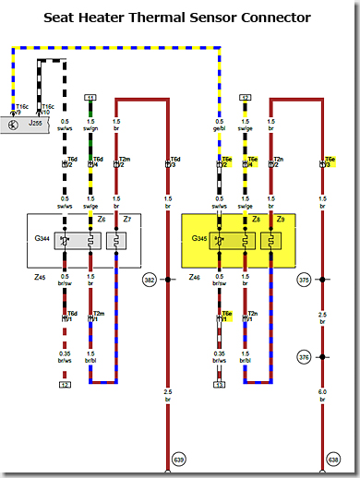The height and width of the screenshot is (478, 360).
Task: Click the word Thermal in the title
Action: (181, 18)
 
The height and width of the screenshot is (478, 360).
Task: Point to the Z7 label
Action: (127, 219)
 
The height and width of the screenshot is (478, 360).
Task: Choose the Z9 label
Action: (281, 219)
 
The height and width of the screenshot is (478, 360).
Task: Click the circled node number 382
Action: (150, 279)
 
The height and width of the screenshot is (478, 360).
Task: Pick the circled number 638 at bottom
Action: (333, 459)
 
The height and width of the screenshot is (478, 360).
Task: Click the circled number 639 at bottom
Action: (178, 459)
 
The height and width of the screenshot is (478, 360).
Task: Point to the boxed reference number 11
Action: (90, 97)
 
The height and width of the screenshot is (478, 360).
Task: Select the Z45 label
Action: (39, 276)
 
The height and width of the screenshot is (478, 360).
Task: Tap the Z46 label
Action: (194, 276)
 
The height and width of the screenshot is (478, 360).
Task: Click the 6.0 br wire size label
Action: (322, 394)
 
